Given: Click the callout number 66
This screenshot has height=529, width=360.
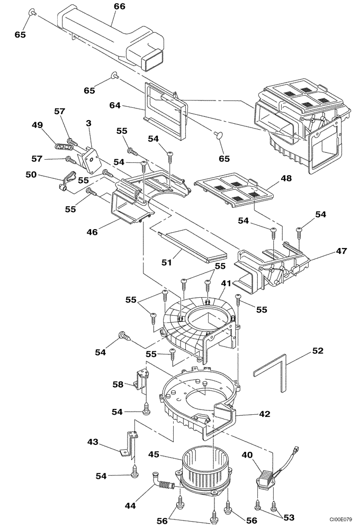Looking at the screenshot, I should pyautogui.click(x=119, y=7).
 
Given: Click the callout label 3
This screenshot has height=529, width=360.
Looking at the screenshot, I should pyautogui.click(x=88, y=123).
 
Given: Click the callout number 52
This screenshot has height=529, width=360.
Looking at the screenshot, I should pyautogui.click(x=317, y=351).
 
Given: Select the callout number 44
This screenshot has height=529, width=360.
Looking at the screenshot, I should pyautogui.click(x=130, y=506).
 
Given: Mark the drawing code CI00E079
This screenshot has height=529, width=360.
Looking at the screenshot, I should pyautogui.click(x=338, y=520).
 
